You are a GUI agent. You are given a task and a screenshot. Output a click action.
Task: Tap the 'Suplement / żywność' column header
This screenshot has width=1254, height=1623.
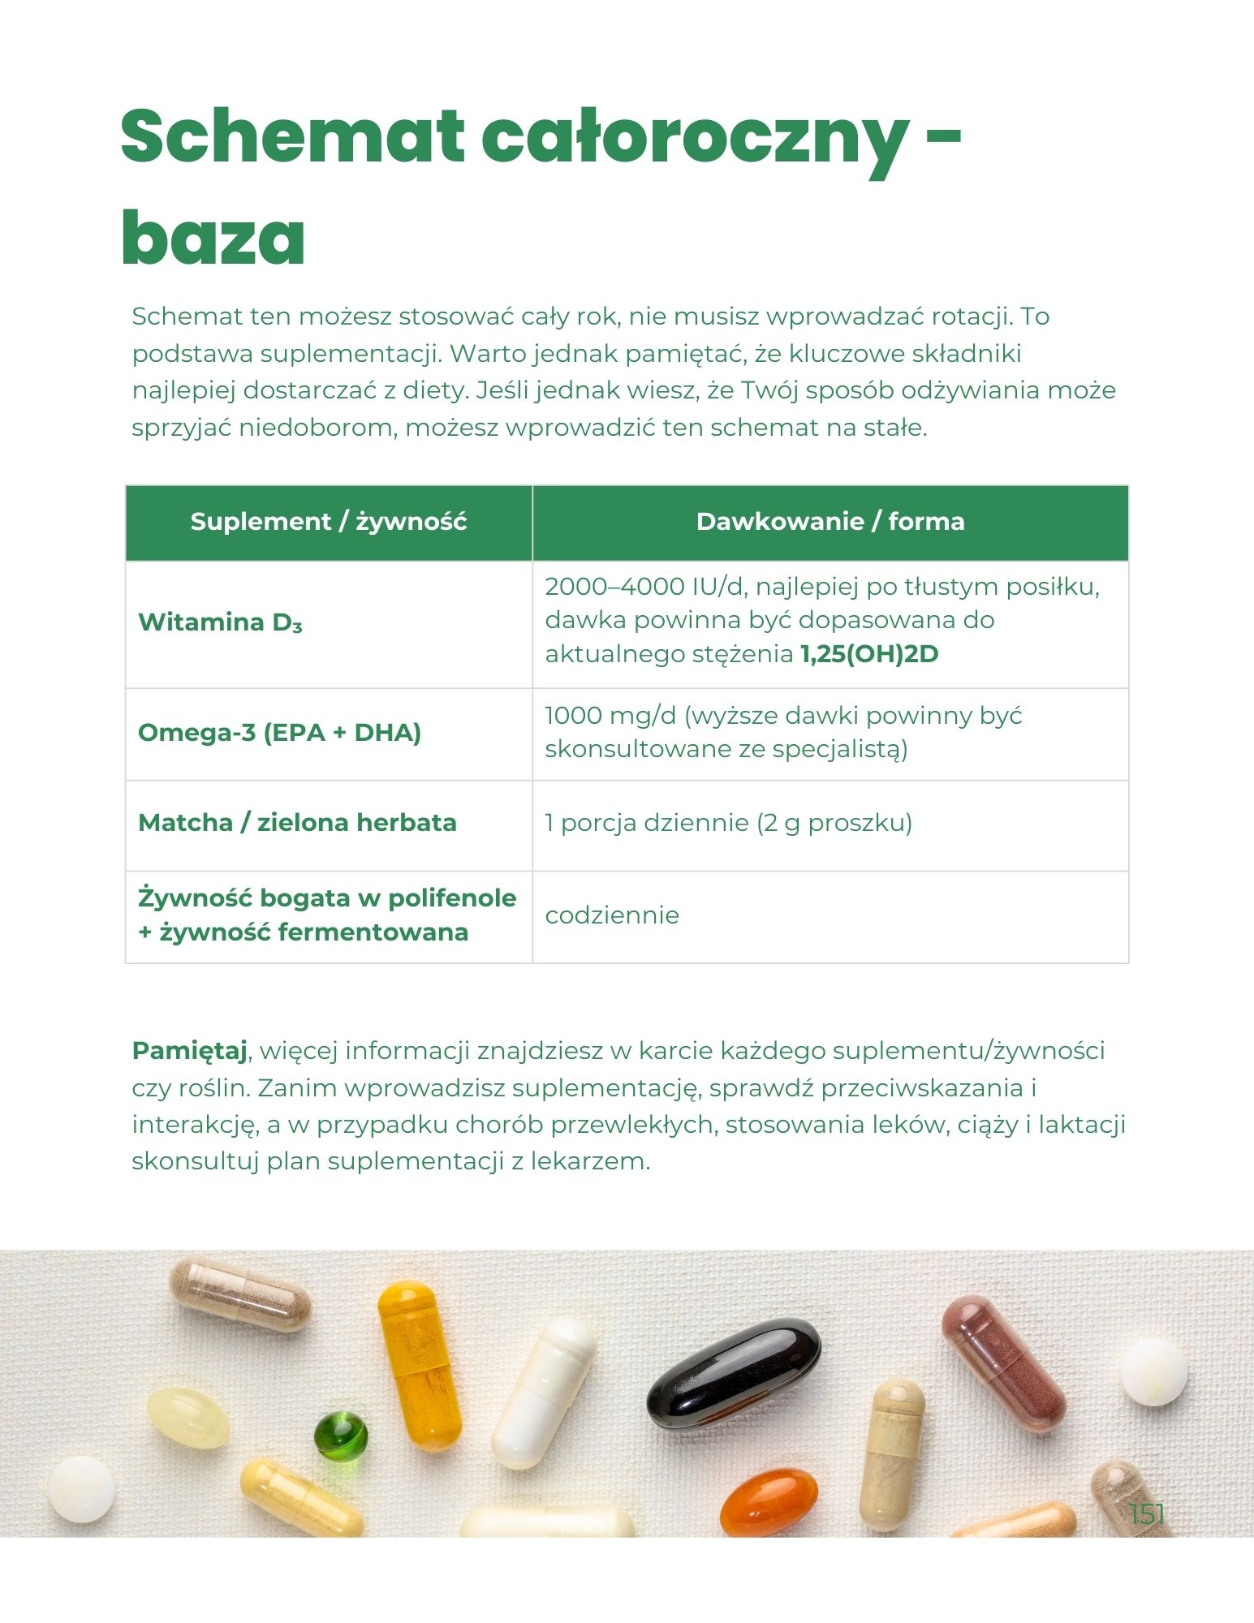[329, 522]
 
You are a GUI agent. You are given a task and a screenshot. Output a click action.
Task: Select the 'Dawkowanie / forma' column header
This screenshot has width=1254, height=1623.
[830, 522]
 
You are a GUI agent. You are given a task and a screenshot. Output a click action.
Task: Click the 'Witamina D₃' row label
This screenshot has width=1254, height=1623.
[220, 622]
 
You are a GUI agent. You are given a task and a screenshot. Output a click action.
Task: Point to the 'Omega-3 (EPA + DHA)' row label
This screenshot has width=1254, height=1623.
[279, 733]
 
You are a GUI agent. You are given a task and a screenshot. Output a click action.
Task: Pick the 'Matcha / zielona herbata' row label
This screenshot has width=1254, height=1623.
[297, 823]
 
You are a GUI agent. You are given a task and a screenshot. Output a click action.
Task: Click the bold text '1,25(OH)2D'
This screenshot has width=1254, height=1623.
[869, 654]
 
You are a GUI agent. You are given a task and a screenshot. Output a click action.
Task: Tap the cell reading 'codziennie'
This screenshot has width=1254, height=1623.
[612, 915]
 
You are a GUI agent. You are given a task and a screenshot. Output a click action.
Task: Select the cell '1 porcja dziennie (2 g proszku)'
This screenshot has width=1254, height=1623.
[728, 823]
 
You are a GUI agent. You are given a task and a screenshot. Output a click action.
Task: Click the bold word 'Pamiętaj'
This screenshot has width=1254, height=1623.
[189, 1051]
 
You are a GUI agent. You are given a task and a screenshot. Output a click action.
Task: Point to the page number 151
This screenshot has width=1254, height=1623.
[1147, 1513]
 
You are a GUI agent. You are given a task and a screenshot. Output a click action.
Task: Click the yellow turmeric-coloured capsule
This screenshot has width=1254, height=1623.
[419, 1363]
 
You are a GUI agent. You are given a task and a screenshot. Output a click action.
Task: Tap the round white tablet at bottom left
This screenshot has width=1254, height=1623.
[80, 1489]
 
